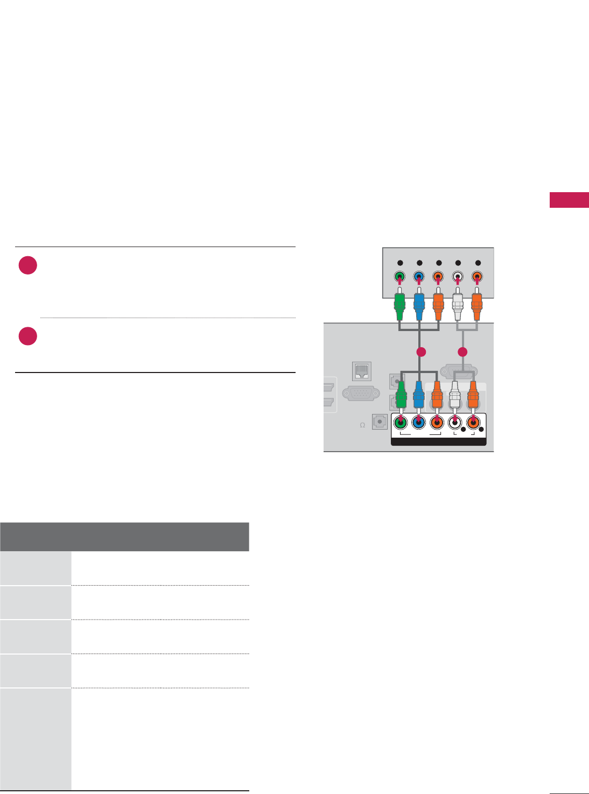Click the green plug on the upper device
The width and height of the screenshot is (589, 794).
click(x=399, y=306)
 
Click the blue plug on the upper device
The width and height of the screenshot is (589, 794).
click(x=419, y=306)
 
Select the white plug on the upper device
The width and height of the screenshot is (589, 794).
click(x=458, y=306)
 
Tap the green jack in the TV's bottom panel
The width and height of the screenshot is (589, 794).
click(x=400, y=423)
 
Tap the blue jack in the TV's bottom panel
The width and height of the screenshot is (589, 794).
click(x=418, y=423)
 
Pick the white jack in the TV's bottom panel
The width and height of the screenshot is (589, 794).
click(x=455, y=423)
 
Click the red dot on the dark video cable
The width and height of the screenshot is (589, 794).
click(x=421, y=352)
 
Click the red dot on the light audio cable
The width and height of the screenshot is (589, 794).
click(x=462, y=352)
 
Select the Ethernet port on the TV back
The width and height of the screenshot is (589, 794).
click(x=361, y=371)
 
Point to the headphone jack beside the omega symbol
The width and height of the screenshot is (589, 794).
click(x=380, y=422)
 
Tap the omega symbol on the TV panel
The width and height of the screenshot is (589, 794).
click(x=362, y=425)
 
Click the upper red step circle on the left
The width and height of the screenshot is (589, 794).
click(x=28, y=265)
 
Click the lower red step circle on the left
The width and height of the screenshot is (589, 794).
click(x=28, y=336)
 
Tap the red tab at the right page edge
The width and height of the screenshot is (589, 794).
click(x=569, y=200)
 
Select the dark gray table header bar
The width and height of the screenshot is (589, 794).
click(x=124, y=537)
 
